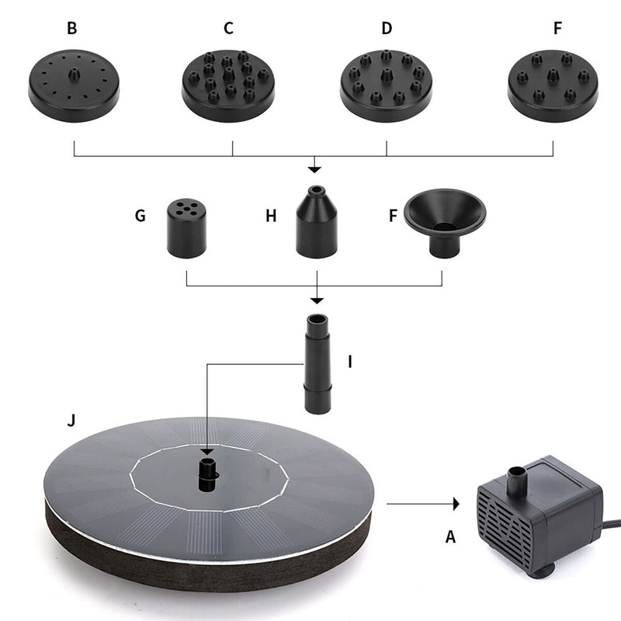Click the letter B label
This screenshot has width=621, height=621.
(x=72, y=29)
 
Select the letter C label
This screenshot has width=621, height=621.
(x=228, y=29)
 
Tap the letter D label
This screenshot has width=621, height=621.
(x=387, y=29)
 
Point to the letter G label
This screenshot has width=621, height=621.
(x=141, y=215)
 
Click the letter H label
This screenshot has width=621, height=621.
(x=271, y=215)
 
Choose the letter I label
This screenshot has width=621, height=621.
(x=350, y=362)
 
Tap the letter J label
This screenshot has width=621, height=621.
(x=71, y=422)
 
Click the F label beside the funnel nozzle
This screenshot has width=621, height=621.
(x=393, y=215)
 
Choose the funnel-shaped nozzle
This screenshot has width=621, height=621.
(x=443, y=221)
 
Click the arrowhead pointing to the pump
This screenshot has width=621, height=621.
(x=455, y=504)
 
